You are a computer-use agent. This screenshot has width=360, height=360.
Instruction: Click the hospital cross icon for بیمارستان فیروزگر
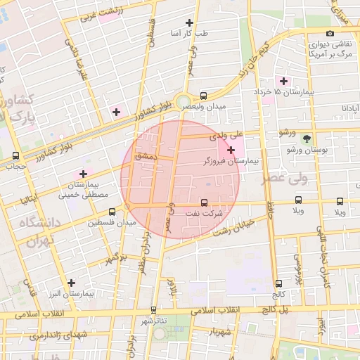click(231, 150)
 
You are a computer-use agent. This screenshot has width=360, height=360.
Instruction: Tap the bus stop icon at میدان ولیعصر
click(203, 95)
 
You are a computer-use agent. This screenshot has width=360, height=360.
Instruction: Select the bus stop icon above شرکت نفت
click(205, 201)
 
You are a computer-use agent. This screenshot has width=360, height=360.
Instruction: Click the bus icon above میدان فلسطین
click(112, 212)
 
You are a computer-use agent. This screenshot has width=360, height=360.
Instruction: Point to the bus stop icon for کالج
click(279, 283)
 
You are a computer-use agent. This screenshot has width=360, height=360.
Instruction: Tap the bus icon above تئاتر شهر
click(153, 310)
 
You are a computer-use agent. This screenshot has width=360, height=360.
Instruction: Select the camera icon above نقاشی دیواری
click(330, 33)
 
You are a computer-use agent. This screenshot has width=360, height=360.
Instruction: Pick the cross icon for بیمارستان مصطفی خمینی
click(84, 173)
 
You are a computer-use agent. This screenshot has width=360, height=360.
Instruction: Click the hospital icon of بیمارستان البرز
click(71, 283)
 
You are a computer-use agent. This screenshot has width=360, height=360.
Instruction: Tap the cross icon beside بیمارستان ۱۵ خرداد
click(284, 81)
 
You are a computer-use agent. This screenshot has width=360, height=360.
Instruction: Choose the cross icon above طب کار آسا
click(188, 23)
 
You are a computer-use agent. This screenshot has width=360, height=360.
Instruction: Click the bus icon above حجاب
click(15, 155)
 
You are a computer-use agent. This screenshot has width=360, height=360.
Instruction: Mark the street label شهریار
click(219, 332)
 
